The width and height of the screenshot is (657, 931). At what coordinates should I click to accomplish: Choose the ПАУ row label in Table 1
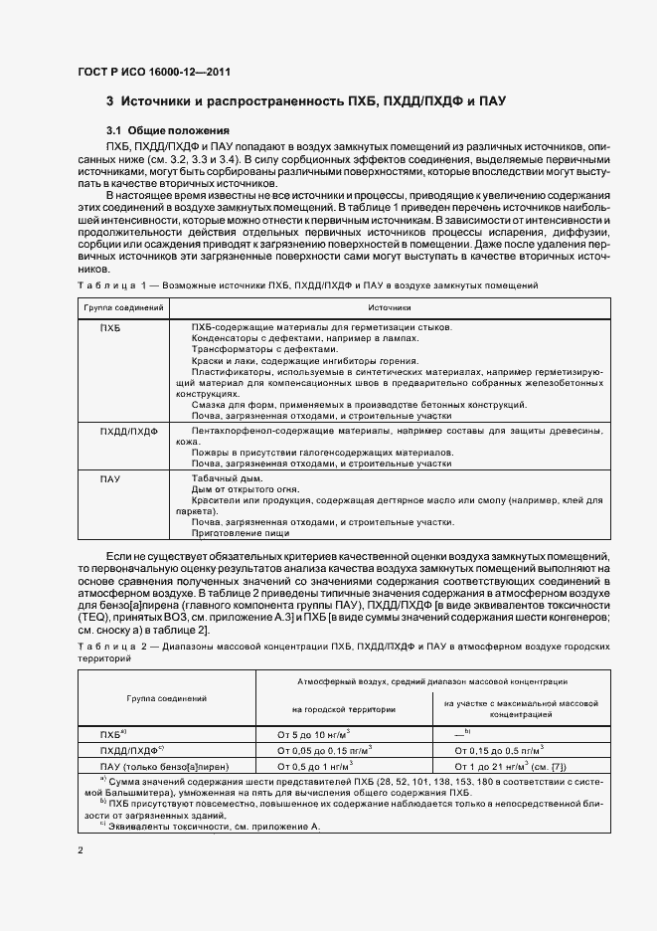pyautogui.click(x=110, y=479)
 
